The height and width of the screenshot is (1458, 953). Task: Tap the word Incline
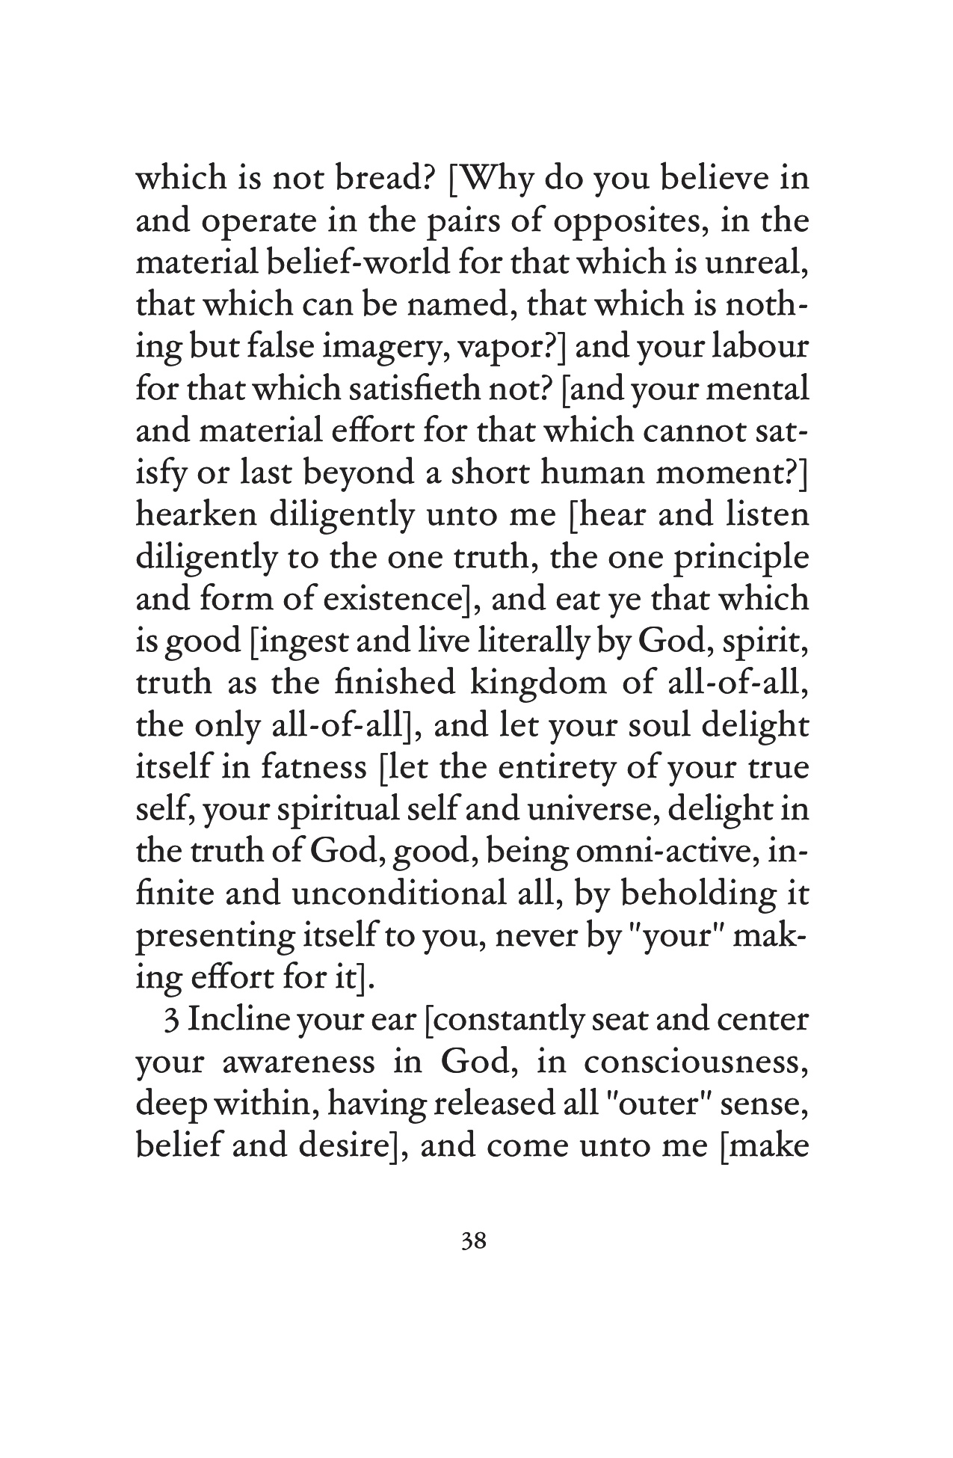(239, 1021)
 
